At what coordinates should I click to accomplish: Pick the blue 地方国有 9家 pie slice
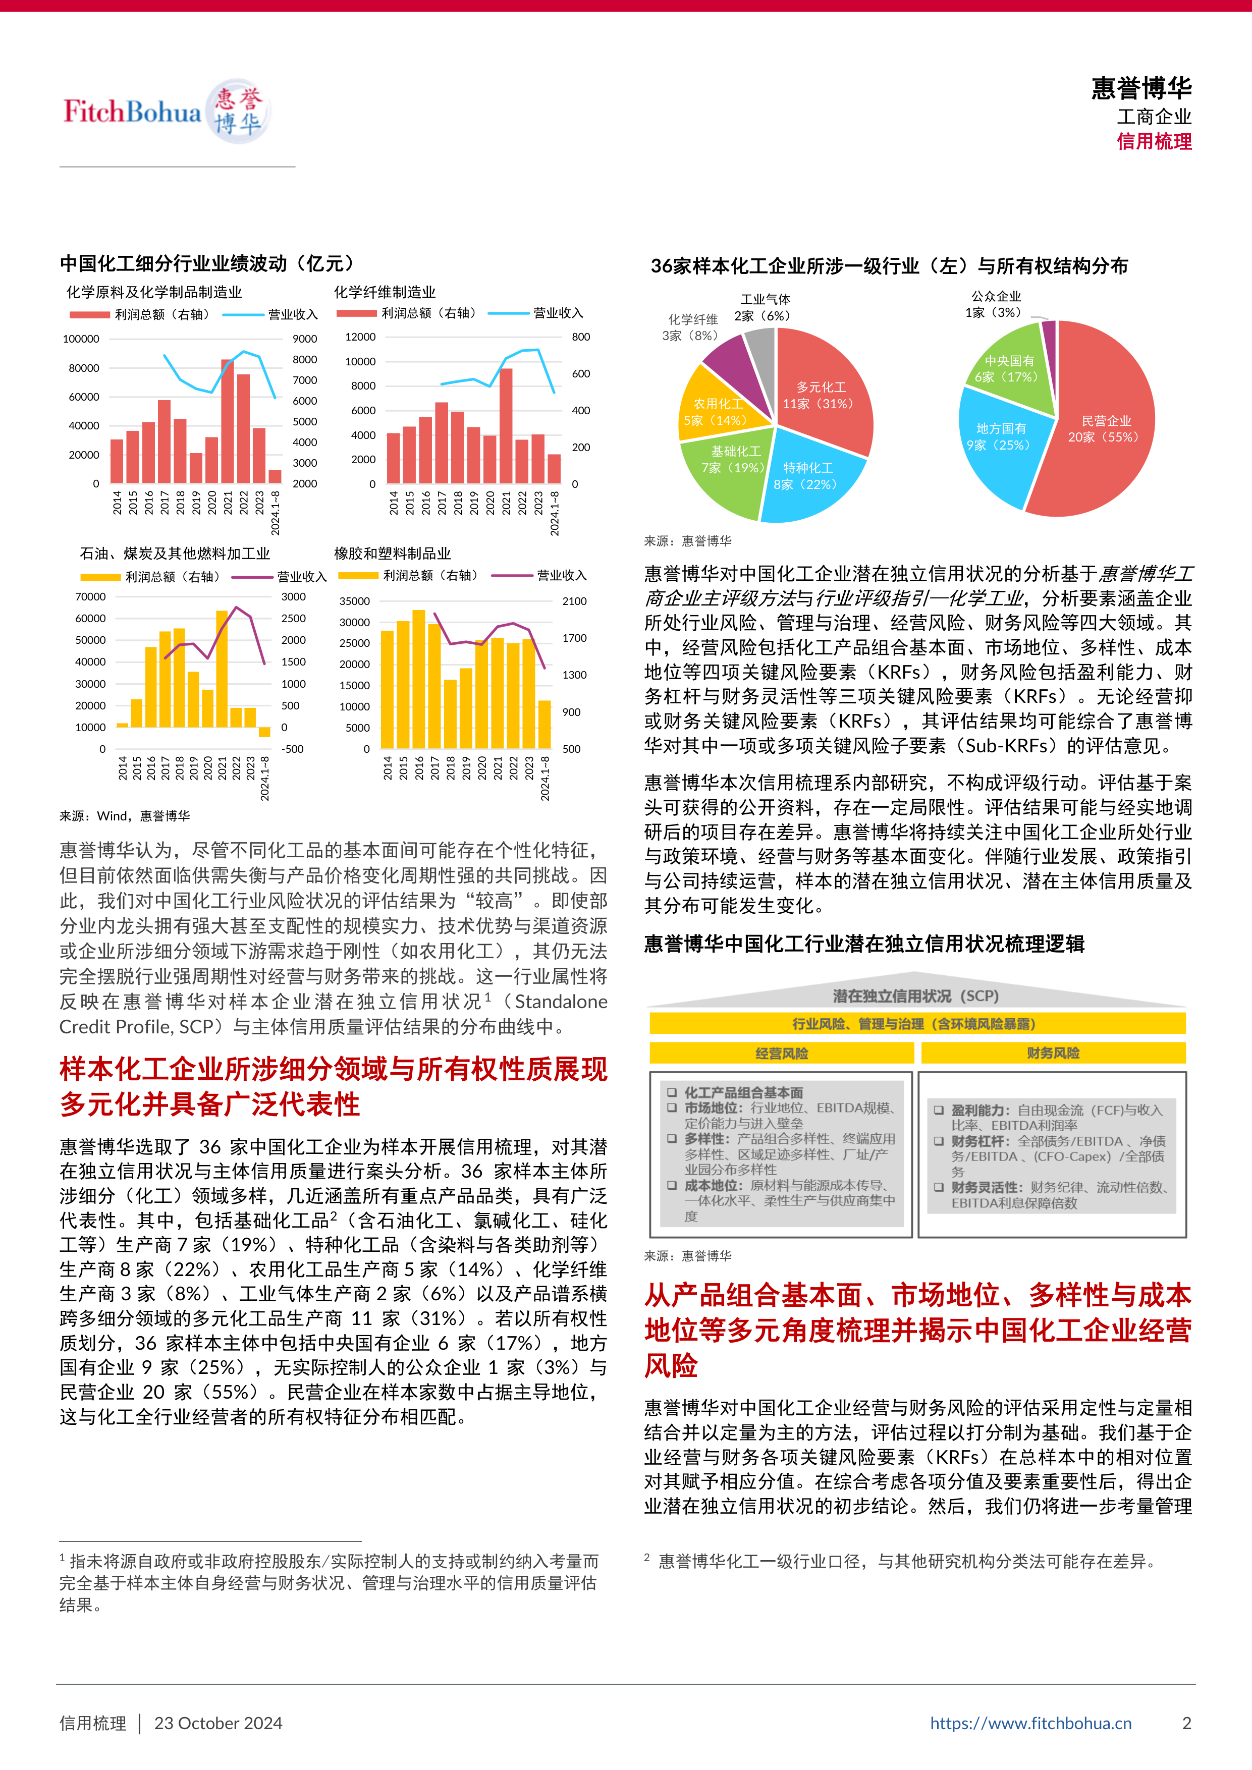click(x=1001, y=436)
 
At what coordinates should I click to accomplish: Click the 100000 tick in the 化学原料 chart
click(x=81, y=339)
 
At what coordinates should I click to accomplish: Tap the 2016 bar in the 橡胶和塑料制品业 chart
click(x=419, y=679)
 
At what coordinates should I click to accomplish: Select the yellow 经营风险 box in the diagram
click(x=781, y=1053)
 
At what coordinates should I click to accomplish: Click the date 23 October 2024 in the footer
click(x=218, y=1723)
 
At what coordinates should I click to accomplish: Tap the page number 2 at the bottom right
click(x=1186, y=1723)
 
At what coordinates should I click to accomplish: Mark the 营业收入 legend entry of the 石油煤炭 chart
click(x=301, y=577)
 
